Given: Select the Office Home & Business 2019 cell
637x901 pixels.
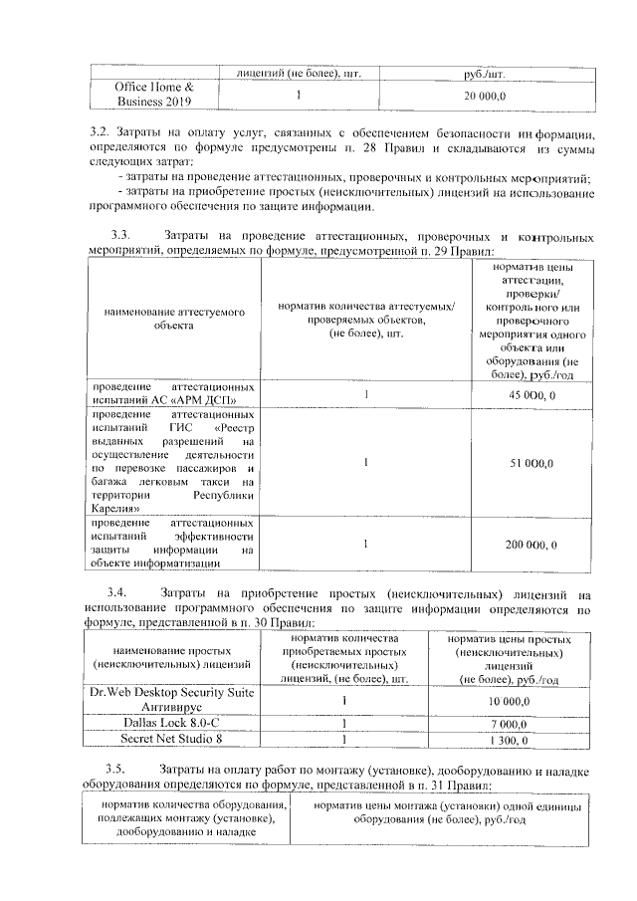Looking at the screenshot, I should [154, 95].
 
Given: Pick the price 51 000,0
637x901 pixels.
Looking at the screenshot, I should [531, 463].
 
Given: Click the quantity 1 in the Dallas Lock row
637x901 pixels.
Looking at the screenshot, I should [343, 723].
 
